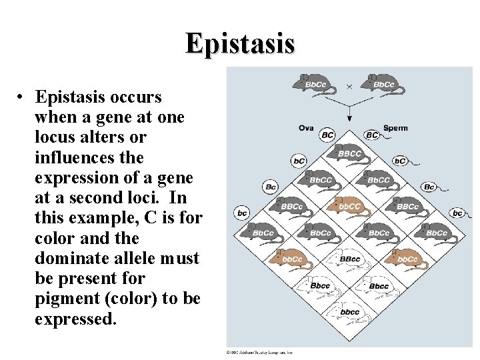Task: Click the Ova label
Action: click(306, 128)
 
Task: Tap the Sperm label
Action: click(395, 128)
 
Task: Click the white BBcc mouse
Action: click(349, 258)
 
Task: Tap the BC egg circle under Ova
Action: click(327, 135)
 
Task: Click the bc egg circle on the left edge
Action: click(242, 213)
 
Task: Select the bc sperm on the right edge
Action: click(457, 213)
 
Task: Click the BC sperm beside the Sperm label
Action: click(372, 135)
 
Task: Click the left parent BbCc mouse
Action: click(313, 84)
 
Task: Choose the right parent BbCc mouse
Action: click(381, 84)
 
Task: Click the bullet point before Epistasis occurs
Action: click(22, 97)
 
